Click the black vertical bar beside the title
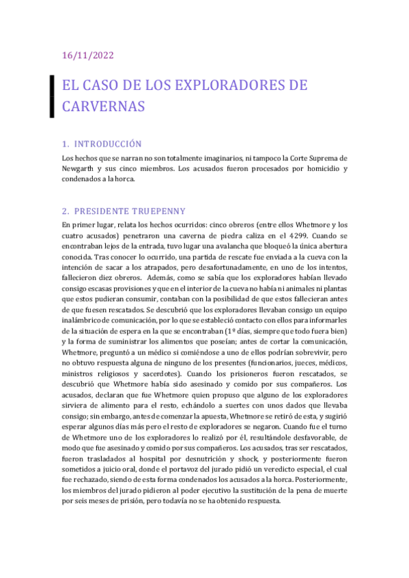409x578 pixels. tap(53, 96)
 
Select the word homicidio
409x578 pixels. tap(314, 168)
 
